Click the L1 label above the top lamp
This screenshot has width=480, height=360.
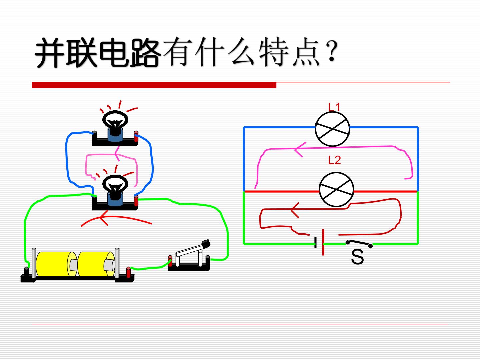(x=334, y=107)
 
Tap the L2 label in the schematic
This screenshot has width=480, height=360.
(x=334, y=160)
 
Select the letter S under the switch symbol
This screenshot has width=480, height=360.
(x=357, y=257)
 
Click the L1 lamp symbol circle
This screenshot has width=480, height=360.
(x=332, y=129)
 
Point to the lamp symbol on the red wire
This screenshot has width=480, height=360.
(x=336, y=190)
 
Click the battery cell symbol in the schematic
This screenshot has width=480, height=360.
(x=319, y=242)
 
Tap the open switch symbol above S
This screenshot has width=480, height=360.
(x=359, y=243)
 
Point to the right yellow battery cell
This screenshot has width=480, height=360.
(x=96, y=264)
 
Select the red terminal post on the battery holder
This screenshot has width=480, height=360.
(x=128, y=272)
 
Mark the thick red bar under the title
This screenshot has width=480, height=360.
(x=154, y=85)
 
